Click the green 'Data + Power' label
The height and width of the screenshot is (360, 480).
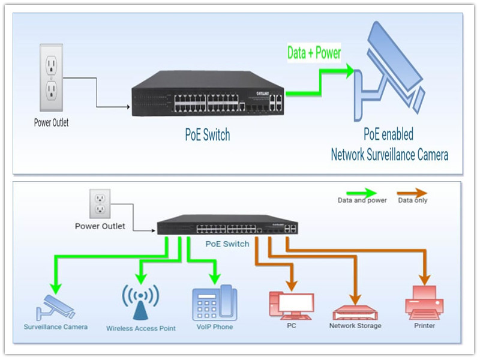pyautogui.click(x=314, y=53)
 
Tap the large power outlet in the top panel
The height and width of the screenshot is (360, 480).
pyautogui.click(x=52, y=78)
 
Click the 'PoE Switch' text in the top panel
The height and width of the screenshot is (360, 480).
pyautogui.click(x=207, y=135)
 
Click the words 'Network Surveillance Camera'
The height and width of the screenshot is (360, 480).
pyautogui.click(x=389, y=155)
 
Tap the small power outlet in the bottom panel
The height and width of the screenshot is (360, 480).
pyautogui.click(x=100, y=204)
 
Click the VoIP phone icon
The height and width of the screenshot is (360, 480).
pyautogui.click(x=215, y=303)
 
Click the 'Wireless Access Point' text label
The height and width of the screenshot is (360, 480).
pyautogui.click(x=141, y=328)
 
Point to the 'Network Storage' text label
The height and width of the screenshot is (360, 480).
pyautogui.click(x=355, y=326)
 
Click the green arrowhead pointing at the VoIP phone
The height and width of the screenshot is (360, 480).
pyautogui.click(x=215, y=278)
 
